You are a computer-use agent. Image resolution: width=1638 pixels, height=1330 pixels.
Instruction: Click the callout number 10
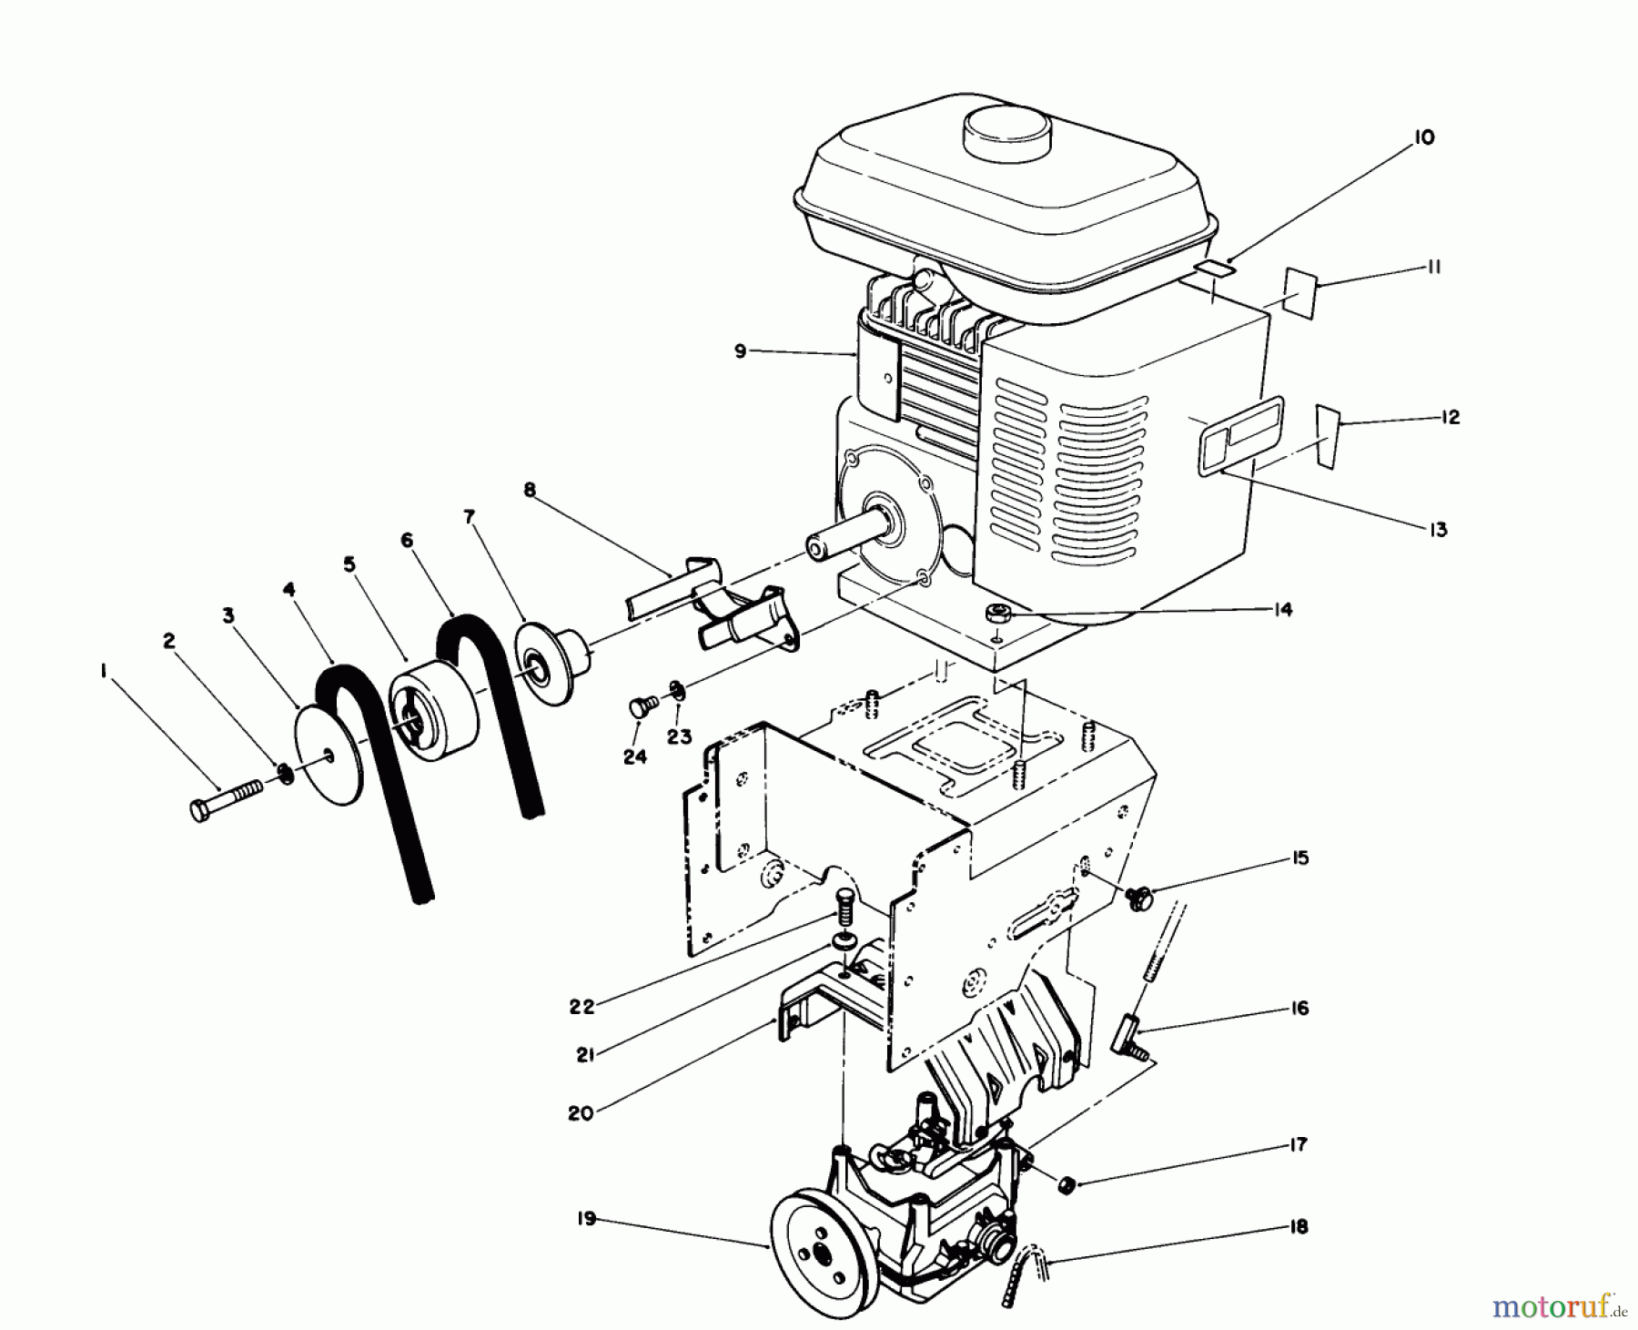1423,137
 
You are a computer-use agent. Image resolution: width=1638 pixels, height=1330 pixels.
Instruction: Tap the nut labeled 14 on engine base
998,614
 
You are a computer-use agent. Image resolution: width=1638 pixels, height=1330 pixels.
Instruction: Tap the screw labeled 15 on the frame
1138,899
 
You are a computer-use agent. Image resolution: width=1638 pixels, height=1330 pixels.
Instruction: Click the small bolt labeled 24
639,707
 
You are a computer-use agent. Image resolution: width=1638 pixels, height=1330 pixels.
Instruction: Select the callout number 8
530,491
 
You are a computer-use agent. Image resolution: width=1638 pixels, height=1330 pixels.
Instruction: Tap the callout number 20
580,1112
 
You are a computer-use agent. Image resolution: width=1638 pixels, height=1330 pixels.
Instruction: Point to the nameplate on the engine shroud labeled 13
1242,434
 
